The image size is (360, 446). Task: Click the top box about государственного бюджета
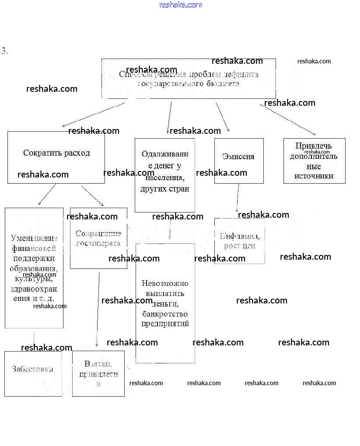(x=189, y=79)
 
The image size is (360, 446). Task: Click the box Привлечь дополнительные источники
(x=314, y=161)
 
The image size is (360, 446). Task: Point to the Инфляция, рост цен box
(x=239, y=241)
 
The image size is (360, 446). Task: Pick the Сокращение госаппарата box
(x=98, y=238)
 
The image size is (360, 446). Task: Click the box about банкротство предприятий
(x=165, y=303)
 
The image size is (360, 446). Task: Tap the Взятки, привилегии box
(x=98, y=373)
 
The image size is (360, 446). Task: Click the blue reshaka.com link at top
(x=180, y=5)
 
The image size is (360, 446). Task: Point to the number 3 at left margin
(x=5, y=51)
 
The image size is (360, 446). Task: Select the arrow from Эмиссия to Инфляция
(x=238, y=198)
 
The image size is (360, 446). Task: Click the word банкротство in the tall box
(x=165, y=314)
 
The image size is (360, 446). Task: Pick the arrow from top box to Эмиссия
(x=222, y=116)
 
